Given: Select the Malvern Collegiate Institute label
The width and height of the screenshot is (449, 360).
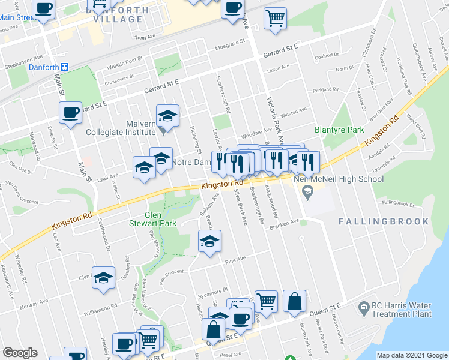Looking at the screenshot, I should click(x=119, y=128).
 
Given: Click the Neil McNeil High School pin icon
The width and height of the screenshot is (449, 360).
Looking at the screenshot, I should click(x=308, y=193).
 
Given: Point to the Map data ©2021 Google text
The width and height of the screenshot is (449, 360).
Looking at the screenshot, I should click(x=412, y=355).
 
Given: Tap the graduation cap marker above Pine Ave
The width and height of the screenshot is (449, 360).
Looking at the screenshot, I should click(x=209, y=242).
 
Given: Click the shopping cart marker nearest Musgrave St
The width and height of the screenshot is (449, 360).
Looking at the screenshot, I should click(x=276, y=17).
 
